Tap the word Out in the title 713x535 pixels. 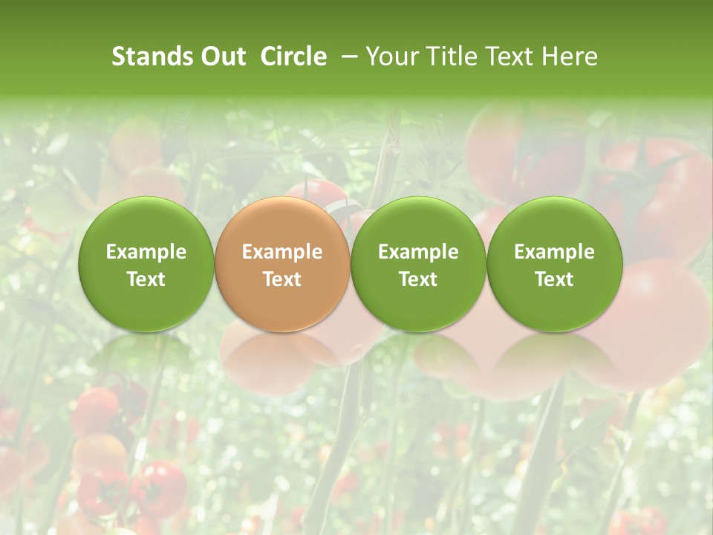(221, 56)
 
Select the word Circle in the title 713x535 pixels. (294, 56)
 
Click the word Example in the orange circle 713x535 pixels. (282, 252)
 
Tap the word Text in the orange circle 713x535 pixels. (282, 279)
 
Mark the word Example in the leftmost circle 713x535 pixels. (146, 252)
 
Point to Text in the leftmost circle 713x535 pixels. (146, 279)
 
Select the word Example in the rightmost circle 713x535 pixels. (554, 252)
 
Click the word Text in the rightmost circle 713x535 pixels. (554, 279)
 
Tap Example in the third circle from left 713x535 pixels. (418, 252)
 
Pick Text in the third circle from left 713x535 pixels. (418, 279)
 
